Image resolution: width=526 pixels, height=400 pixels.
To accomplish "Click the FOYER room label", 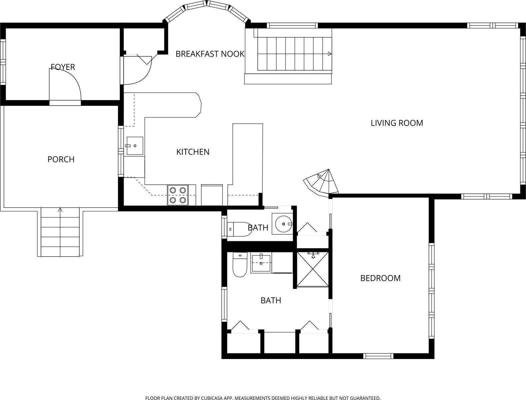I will point(63,67).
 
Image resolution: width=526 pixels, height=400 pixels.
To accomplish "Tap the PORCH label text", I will point(61,159).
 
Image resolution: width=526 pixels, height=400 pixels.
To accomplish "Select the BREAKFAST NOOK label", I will point(210,54).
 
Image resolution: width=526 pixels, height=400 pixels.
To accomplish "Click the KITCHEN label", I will point(193,152).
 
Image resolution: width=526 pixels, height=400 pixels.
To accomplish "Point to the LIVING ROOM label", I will point(397,123).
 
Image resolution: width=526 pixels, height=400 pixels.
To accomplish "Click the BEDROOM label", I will point(380,278).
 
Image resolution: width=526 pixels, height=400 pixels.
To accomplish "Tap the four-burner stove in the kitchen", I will point(178,195).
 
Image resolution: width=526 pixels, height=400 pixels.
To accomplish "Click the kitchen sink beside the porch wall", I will point(134,146).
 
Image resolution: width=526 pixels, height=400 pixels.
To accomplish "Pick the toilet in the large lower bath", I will point(240,265).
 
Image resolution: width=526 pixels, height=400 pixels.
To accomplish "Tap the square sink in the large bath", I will point(261,263).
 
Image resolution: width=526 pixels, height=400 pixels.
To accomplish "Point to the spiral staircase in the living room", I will point(321,183).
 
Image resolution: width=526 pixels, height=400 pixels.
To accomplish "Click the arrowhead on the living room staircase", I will point(330,54).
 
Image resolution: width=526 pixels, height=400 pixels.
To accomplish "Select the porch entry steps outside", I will point(60,232).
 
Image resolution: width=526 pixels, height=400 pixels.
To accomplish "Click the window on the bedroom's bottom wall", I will point(378,356).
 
